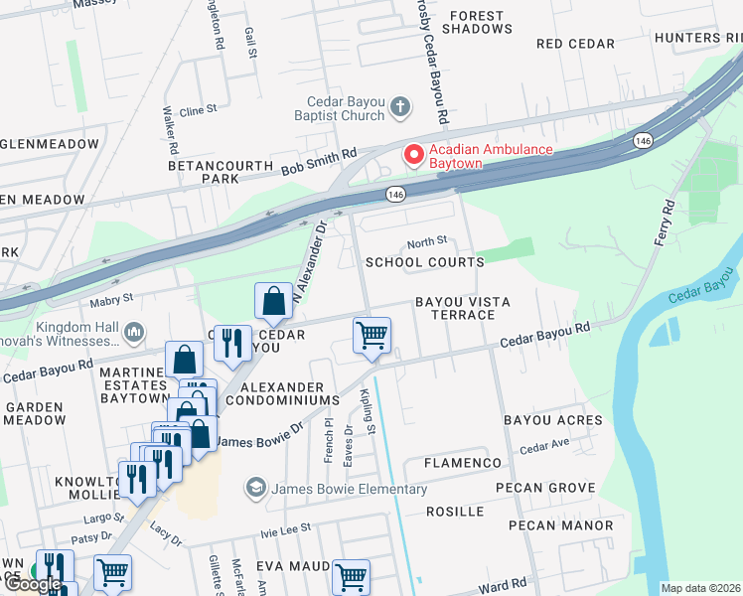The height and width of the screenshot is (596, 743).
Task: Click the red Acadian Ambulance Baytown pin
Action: point(412,156)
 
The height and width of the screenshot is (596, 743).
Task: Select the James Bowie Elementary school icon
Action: point(256,489)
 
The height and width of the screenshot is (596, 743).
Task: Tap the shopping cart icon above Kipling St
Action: point(371,335)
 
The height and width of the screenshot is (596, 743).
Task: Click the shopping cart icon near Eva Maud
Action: point(351,576)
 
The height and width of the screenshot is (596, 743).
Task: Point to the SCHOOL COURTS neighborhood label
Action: point(424,262)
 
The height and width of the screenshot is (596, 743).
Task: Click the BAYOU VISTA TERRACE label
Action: point(454,307)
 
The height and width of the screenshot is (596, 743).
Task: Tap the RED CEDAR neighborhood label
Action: point(575,44)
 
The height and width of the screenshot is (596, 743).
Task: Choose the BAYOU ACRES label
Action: point(552,420)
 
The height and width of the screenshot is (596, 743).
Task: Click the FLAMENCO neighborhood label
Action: point(463,464)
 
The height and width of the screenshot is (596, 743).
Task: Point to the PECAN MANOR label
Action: point(560,524)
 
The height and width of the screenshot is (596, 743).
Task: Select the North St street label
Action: point(427,240)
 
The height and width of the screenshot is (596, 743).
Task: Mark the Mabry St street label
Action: point(113,297)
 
